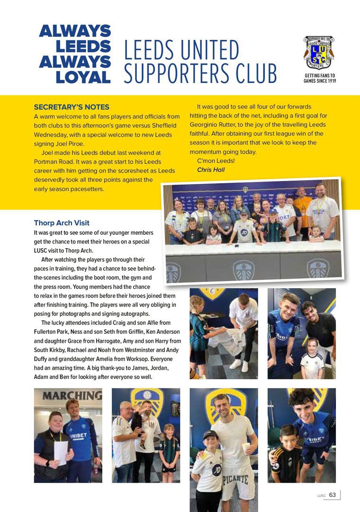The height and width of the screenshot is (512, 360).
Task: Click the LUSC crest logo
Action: [319, 52]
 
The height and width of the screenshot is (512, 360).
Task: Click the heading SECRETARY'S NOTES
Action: [72, 107]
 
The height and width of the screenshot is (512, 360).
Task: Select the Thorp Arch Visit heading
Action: [62, 223]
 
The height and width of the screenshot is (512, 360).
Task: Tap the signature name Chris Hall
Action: [211, 170]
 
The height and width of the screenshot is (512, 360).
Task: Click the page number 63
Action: [333, 495]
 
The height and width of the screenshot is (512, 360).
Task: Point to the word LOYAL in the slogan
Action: [83, 77]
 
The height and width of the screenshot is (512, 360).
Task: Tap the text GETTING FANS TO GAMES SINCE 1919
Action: [320, 78]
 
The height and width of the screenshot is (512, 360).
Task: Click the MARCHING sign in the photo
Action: [72, 395]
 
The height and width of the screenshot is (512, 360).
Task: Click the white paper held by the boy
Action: [60, 452]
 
